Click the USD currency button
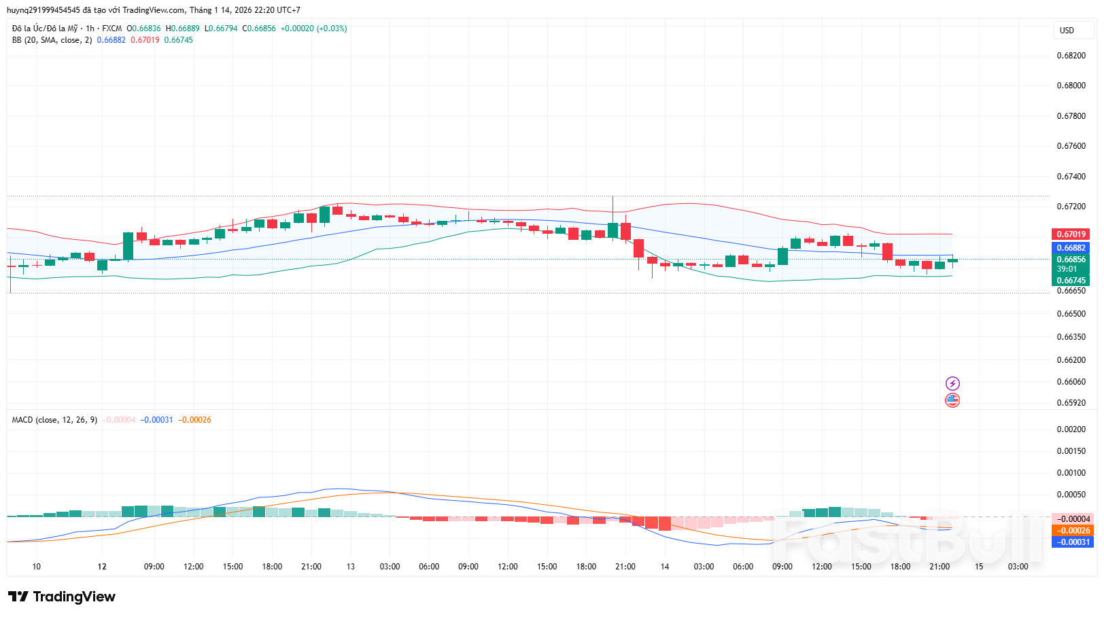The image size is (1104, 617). pos(1067,31)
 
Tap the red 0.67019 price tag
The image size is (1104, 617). pos(1071,234)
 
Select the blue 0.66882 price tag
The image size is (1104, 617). pos(1071,248)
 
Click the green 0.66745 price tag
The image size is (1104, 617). pos(1071,281)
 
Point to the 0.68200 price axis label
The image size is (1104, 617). pos(1071,56)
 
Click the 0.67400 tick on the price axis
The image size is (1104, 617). pos(1071,177)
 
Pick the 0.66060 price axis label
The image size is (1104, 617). pos(1071,382)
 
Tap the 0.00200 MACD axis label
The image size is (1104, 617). pos(1071,429)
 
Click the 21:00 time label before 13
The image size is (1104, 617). pos(311,567)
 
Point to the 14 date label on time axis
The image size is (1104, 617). pos(665,567)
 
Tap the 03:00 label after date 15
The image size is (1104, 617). pos(1018,567)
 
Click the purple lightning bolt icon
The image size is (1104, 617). pos(952,384)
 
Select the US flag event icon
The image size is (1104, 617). pos(952,400)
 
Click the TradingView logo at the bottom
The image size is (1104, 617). pos(62,597)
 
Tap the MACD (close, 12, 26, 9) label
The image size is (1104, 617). pos(54,420)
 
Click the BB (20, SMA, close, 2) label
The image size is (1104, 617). pos(52,40)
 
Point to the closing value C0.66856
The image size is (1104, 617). pos(259,29)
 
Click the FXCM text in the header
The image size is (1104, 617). pos(111,29)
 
